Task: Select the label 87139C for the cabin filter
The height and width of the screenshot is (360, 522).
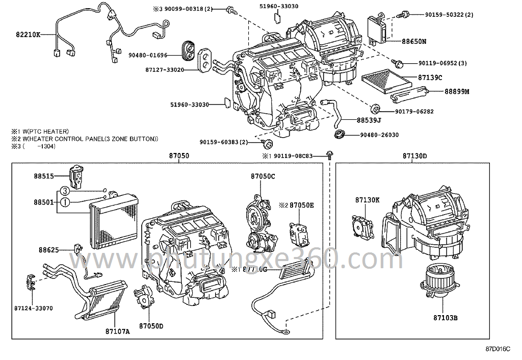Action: (430, 78)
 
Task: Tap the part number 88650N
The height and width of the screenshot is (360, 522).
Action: (413, 40)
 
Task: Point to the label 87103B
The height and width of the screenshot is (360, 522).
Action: (446, 318)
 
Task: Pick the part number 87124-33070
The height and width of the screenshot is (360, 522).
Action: (34, 308)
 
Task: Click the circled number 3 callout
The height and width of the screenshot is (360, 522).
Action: (64, 191)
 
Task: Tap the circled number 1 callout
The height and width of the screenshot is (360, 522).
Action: (64, 202)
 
